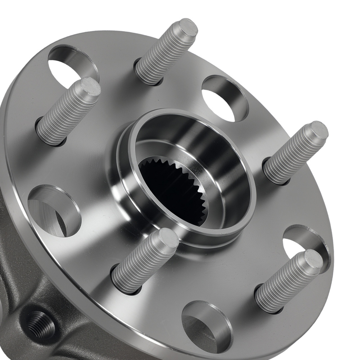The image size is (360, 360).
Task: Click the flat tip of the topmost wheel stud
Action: tap(188, 28)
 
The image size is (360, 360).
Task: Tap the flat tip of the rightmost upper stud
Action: tap(319, 130)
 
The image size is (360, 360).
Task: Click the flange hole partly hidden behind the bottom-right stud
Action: tap(301, 245)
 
